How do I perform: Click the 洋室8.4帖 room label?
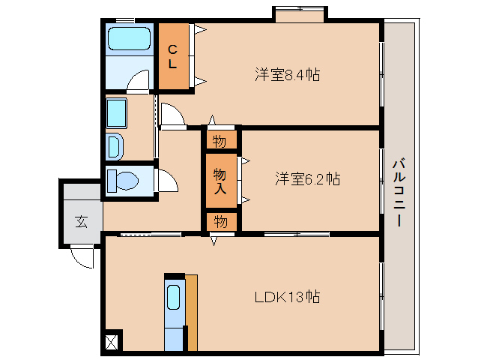[x=287, y=75]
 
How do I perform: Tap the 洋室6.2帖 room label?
[x=307, y=178]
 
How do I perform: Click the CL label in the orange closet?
[x=172, y=57]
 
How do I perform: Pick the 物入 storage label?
[x=220, y=179]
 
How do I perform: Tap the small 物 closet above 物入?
[x=220, y=140]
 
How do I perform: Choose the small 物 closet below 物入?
[x=220, y=222]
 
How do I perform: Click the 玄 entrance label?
[x=80, y=221]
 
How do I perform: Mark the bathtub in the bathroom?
[x=129, y=38]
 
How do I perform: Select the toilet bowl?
[x=123, y=181]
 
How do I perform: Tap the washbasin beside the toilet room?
[x=115, y=145]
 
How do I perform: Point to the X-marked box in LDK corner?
[x=112, y=341]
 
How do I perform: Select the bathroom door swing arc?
[x=139, y=82]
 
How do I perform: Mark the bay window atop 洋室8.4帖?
[x=299, y=14]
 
